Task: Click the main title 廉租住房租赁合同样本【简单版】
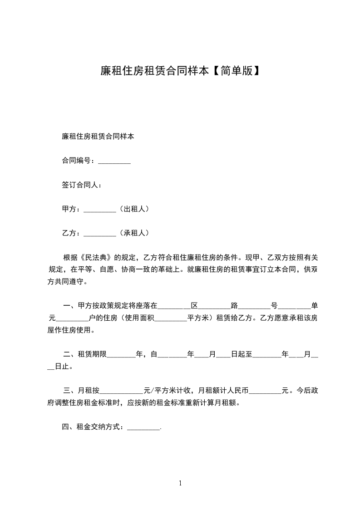(180, 71)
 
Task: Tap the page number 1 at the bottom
(180, 483)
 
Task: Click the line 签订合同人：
(82, 185)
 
